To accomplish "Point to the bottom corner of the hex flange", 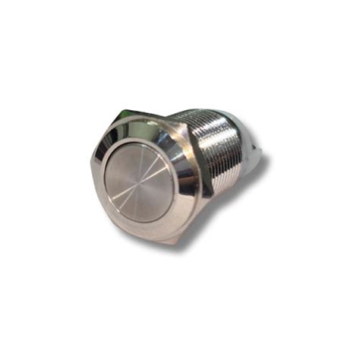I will pos(175,244).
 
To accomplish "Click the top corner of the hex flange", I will pos(120,112).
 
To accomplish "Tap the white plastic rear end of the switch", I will pos(254,152).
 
